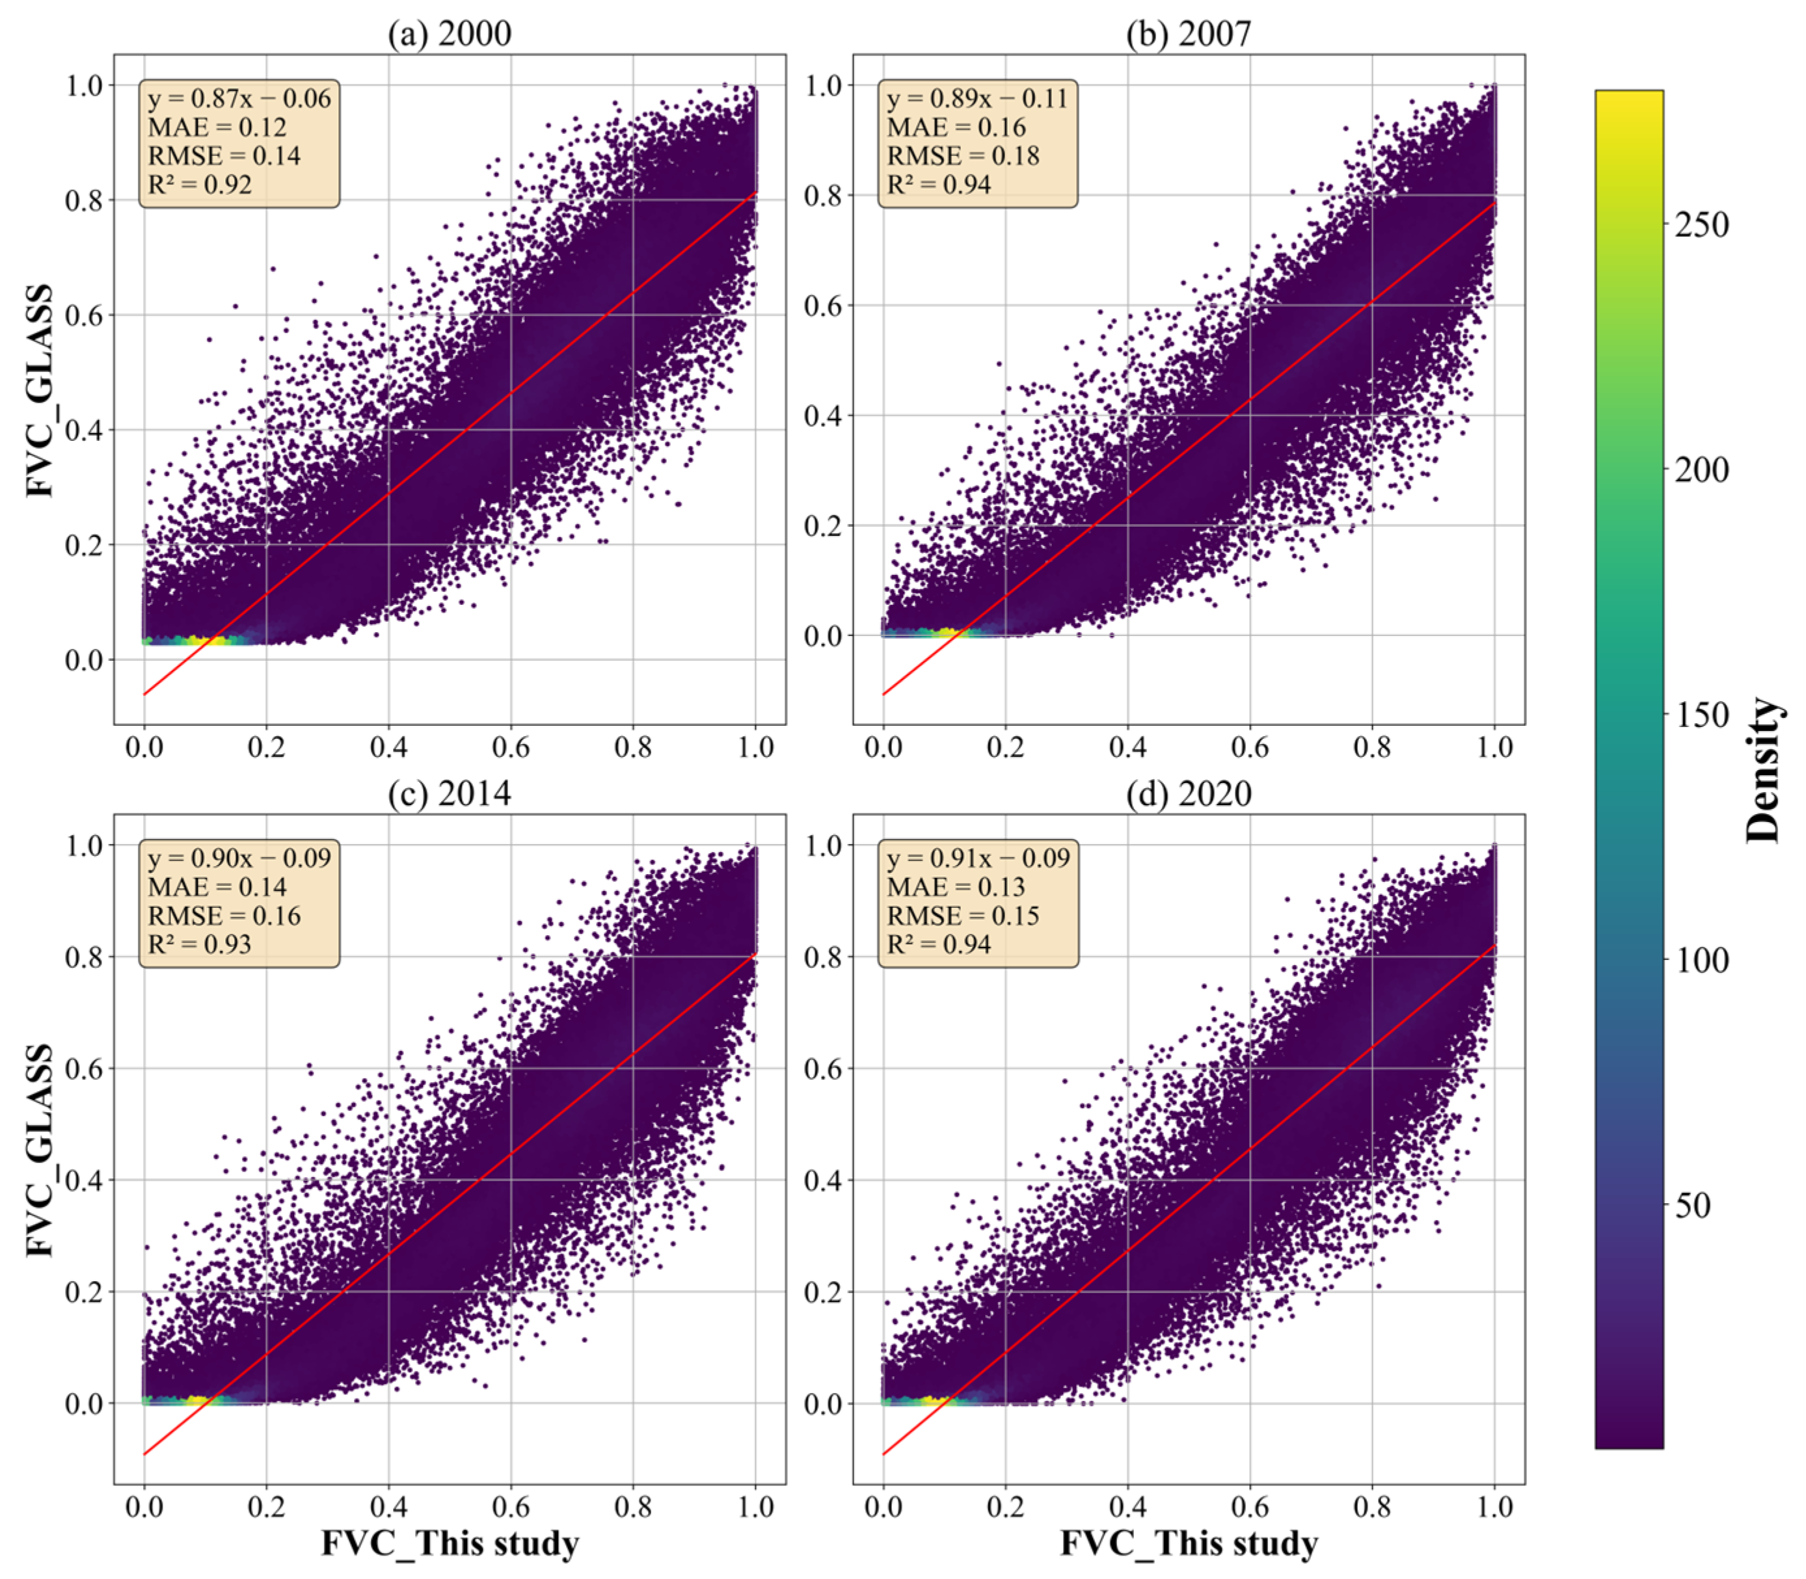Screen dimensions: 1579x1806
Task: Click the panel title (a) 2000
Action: pyautogui.click(x=450, y=33)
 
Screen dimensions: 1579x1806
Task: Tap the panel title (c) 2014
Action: pyautogui.click(x=450, y=793)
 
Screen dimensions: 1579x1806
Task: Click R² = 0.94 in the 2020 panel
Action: pyautogui.click(x=939, y=944)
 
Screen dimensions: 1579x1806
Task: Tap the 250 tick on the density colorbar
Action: pyautogui.click(x=1701, y=225)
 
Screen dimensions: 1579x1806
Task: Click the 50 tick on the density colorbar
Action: pyautogui.click(x=1692, y=1204)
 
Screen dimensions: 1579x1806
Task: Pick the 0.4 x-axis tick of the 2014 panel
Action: pyautogui.click(x=388, y=1506)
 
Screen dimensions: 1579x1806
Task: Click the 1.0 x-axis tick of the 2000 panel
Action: pyautogui.click(x=755, y=747)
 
